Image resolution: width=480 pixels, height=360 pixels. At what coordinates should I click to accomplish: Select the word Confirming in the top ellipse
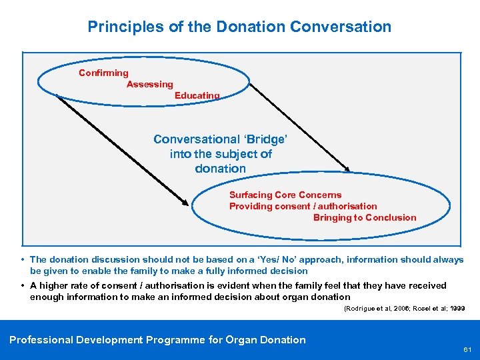point(103,73)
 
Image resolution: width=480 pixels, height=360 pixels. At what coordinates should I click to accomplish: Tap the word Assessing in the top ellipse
point(150,85)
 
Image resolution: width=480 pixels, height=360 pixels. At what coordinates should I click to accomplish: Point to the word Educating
point(197,95)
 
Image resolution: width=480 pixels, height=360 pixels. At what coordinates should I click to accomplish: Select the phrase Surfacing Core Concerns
point(285,195)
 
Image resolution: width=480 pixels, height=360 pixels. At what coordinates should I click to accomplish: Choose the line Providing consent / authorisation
point(303,206)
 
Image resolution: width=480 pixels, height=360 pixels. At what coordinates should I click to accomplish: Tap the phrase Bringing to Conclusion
point(364,217)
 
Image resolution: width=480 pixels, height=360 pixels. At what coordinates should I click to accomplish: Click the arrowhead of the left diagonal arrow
point(186,201)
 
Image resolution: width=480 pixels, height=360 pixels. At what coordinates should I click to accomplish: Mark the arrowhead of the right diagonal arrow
point(347,169)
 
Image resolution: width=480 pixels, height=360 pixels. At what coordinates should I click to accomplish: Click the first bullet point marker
point(23,259)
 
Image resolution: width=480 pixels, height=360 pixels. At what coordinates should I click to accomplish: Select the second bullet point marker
point(23,285)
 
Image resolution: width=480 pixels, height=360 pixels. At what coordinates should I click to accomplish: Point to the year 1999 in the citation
point(457,309)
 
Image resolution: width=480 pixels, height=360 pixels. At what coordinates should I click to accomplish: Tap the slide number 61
point(467,349)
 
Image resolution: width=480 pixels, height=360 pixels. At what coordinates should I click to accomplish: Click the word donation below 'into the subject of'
point(220,169)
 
